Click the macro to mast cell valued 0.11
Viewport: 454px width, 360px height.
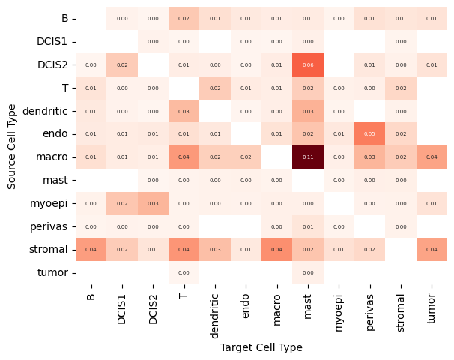(308, 157)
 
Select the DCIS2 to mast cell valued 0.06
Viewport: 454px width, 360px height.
(308, 64)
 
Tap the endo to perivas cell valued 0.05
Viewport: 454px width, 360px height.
(369, 134)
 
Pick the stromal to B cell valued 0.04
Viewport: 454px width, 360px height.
(91, 250)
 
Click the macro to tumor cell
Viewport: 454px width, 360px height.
(432, 157)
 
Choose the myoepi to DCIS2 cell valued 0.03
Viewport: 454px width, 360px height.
(153, 203)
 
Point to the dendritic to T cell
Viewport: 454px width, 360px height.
(184, 111)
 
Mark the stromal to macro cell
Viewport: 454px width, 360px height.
(277, 250)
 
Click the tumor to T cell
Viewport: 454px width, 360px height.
(184, 273)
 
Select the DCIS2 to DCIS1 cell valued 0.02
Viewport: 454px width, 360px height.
(122, 64)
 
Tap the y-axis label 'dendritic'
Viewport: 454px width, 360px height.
(46, 111)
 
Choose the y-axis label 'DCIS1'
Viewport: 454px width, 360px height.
(52, 41)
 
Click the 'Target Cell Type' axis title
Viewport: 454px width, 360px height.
(261, 347)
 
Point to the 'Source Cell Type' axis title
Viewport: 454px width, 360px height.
(13, 145)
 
